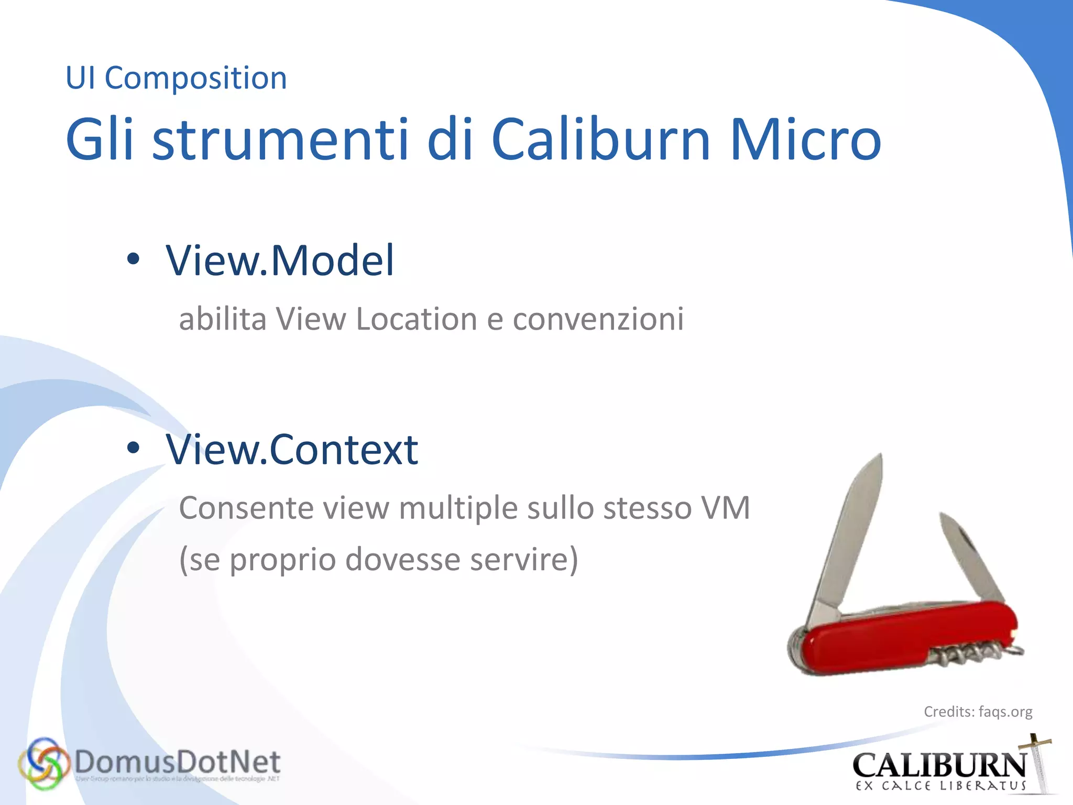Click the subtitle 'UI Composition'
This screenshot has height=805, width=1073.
(176, 79)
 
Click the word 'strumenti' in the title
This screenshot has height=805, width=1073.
(280, 139)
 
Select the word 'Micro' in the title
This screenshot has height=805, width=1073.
(805, 139)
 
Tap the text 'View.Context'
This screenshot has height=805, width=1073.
(292, 450)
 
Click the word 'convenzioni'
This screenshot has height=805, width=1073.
(598, 319)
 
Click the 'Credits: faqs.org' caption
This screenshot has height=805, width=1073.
(978, 712)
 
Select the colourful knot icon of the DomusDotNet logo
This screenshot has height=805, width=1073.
(43, 764)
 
